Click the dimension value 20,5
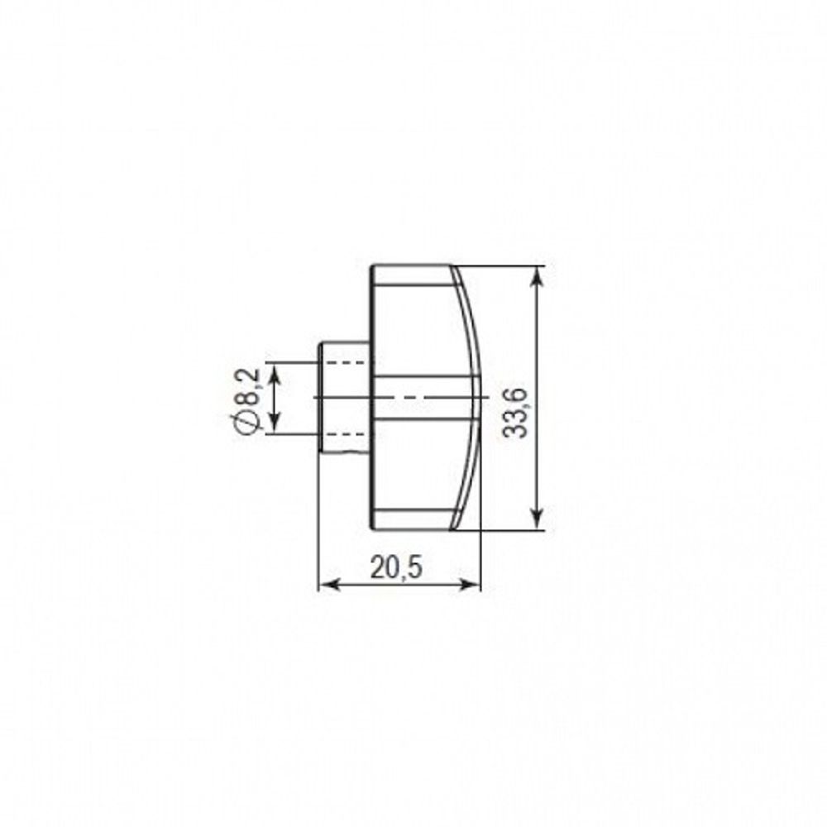point(396,568)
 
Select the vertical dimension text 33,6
point(514,413)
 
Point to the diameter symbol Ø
point(245,422)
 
